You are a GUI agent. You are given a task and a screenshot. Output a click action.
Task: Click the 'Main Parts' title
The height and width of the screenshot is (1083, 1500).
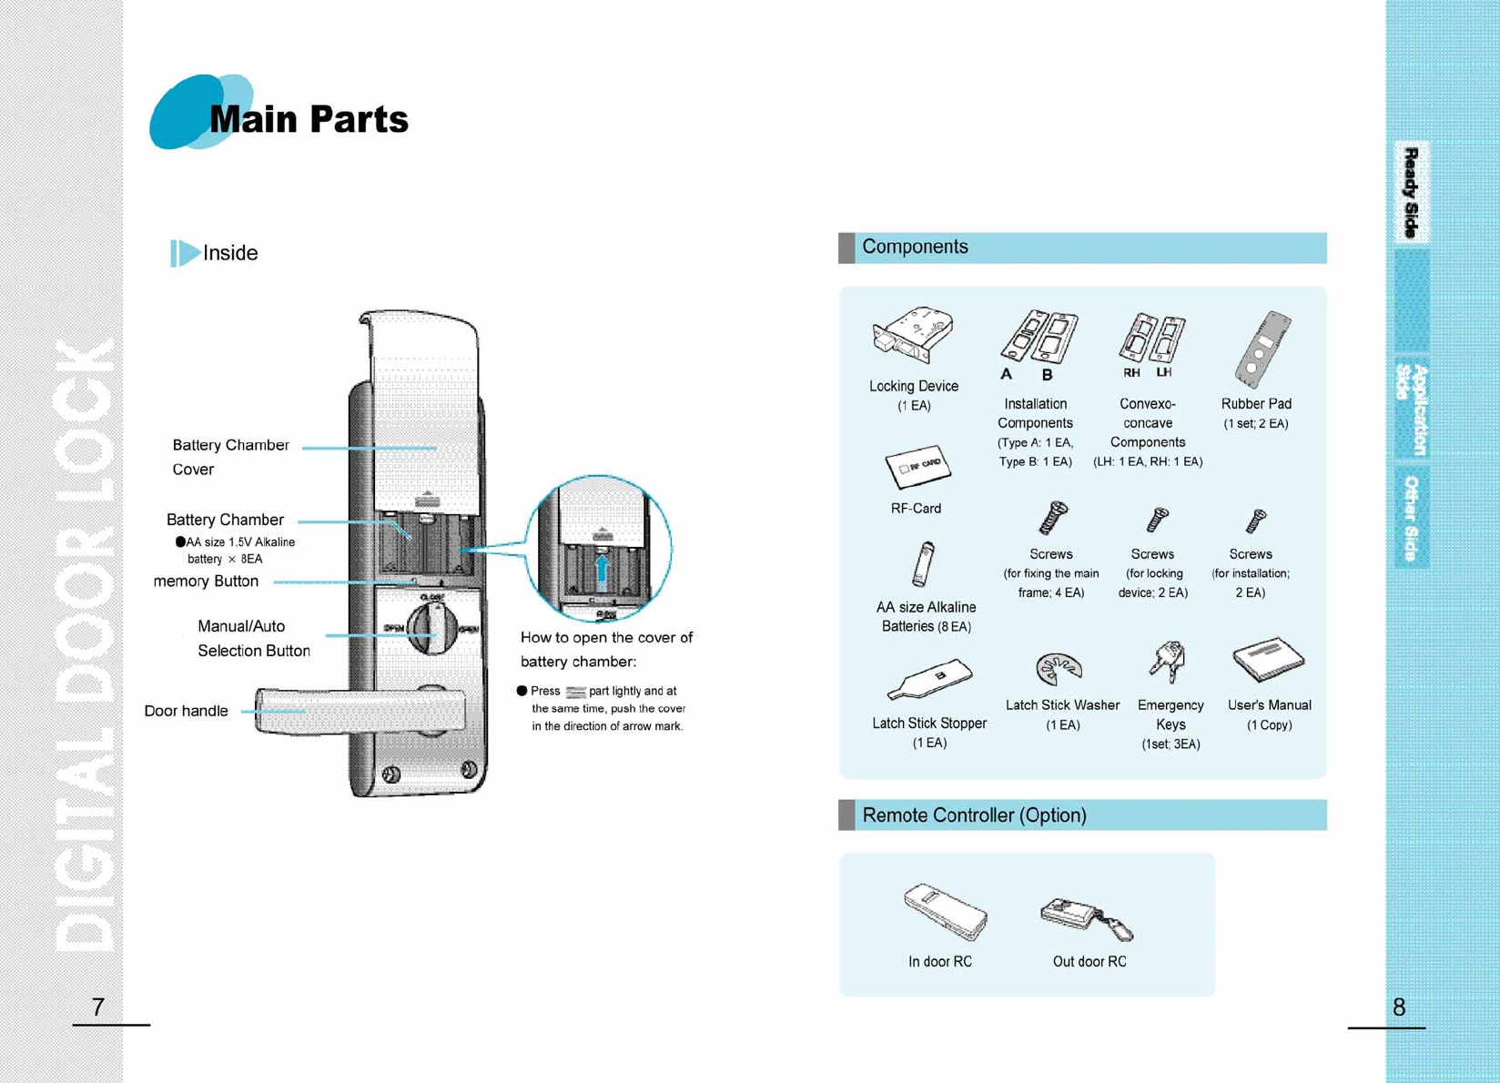pos(309,119)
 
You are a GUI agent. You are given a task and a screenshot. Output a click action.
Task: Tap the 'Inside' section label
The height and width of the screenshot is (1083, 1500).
pos(229,253)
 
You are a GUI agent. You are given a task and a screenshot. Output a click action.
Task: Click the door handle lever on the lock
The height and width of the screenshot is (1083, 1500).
pos(360,711)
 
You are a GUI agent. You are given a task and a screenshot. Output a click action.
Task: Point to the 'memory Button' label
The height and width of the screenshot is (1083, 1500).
pos(206,582)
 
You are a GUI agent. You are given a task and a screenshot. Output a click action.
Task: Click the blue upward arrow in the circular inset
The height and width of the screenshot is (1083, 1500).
pos(601,573)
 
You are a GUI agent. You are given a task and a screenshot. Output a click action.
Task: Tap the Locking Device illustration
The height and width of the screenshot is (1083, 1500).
pos(913,336)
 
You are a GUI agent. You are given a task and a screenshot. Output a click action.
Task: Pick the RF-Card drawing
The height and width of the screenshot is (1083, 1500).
pos(917,466)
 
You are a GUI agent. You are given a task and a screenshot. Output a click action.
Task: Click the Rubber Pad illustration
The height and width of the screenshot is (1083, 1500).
pos(1262,349)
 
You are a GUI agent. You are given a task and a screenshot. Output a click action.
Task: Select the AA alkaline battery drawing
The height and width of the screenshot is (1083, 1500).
pos(923,564)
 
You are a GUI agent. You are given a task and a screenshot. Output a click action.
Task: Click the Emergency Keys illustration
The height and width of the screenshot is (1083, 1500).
pos(1167,662)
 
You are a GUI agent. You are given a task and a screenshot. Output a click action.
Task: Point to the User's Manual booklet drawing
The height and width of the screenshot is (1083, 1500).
pos(1268,659)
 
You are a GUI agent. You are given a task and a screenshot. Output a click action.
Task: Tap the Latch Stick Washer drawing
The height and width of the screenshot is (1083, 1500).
pos(1059,669)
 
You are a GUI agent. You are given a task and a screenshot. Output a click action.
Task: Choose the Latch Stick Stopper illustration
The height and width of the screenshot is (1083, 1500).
pos(929,679)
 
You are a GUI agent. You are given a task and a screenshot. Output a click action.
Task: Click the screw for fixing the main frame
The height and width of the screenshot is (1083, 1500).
pos(1053,518)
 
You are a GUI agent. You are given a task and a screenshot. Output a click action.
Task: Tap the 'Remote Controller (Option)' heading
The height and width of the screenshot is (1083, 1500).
pos(974,815)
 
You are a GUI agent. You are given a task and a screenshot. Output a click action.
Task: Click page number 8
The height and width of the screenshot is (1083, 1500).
pos(1399,1007)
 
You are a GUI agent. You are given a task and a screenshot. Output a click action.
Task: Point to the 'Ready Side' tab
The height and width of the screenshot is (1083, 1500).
pos(1411,192)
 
